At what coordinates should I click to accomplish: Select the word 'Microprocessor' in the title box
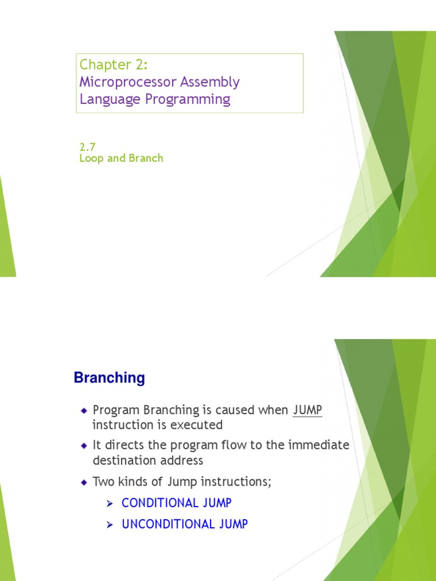pyautogui.click(x=128, y=82)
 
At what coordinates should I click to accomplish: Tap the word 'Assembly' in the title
pyautogui.click(x=209, y=82)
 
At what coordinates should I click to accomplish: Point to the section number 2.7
pyautogui.click(x=87, y=147)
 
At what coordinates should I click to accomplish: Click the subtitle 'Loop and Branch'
pyautogui.click(x=121, y=158)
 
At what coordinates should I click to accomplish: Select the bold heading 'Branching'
pyautogui.click(x=109, y=378)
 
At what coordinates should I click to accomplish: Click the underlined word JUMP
pyautogui.click(x=307, y=410)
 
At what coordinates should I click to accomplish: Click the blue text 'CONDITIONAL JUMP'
pyautogui.click(x=177, y=503)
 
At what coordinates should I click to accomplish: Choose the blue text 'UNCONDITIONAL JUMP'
pyautogui.click(x=185, y=524)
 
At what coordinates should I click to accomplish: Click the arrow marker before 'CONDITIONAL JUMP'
pyautogui.click(x=111, y=503)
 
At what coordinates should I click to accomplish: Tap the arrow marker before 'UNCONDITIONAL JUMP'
pyautogui.click(x=111, y=524)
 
